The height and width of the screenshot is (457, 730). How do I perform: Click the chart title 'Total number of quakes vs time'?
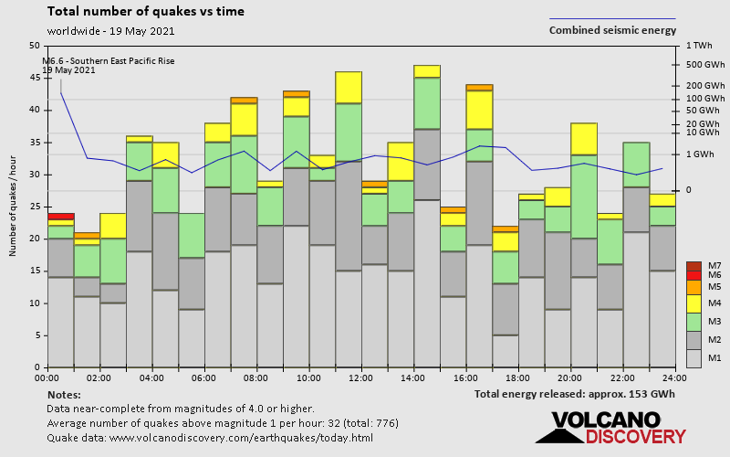[x=145, y=12]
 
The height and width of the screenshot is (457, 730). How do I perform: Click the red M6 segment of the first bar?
[x=61, y=217]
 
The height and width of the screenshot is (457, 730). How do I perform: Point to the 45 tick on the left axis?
[x=35, y=78]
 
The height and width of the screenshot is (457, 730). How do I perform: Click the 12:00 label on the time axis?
[x=360, y=377]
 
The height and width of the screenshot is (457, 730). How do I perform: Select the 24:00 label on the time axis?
[x=675, y=377]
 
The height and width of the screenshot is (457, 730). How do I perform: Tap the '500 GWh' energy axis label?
[x=704, y=65]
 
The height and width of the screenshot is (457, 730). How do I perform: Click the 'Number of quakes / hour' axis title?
[x=14, y=207]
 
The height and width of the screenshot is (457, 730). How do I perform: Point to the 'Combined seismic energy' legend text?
[x=612, y=30]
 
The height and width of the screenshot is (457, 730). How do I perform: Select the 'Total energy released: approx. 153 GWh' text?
[x=575, y=394]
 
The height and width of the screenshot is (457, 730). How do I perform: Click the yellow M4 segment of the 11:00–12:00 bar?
[x=348, y=87]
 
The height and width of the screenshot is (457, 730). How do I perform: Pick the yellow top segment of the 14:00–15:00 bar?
[x=426, y=71]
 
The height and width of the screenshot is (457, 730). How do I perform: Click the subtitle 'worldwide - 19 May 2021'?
[x=110, y=30]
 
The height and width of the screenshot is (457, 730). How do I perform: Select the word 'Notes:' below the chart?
[x=63, y=394]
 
